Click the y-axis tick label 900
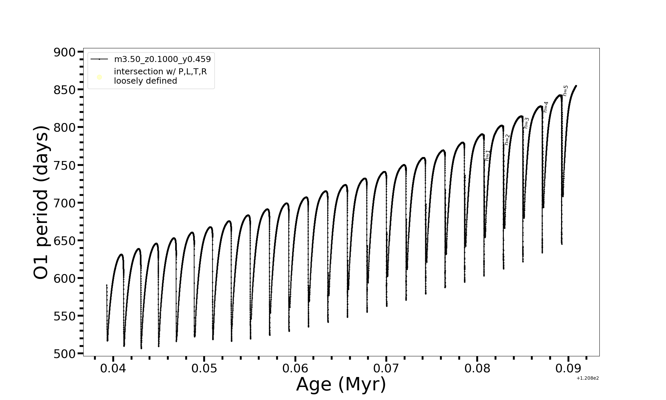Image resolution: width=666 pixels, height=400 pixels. click(65, 52)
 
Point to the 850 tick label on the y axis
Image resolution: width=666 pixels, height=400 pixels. click(65, 90)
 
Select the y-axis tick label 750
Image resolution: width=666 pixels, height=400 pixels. click(65, 165)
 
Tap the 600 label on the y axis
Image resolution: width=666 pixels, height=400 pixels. click(65, 278)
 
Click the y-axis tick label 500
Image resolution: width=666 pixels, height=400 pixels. click(65, 354)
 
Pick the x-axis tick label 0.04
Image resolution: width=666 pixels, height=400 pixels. click(113, 368)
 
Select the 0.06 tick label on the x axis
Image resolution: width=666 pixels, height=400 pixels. click(295, 368)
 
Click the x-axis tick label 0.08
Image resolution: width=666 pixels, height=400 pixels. click(477, 368)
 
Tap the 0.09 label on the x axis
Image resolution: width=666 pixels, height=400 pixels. click(568, 368)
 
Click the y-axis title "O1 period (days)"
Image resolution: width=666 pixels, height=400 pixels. click(41, 202)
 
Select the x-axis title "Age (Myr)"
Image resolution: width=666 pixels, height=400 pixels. click(341, 384)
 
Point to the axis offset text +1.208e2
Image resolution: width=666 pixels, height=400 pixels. click(587, 378)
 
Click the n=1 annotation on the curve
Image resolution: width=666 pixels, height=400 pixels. click(488, 156)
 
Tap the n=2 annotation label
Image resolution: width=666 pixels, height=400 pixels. click(507, 140)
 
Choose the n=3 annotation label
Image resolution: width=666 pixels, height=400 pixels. click(526, 123)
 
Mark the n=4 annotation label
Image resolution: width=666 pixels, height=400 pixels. click(546, 107)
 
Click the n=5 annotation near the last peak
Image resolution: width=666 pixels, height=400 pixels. click(565, 91)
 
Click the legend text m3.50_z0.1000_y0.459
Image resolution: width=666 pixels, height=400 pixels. click(163, 59)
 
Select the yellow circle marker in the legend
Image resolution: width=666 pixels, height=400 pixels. click(99, 77)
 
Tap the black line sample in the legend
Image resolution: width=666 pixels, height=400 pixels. click(99, 59)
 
